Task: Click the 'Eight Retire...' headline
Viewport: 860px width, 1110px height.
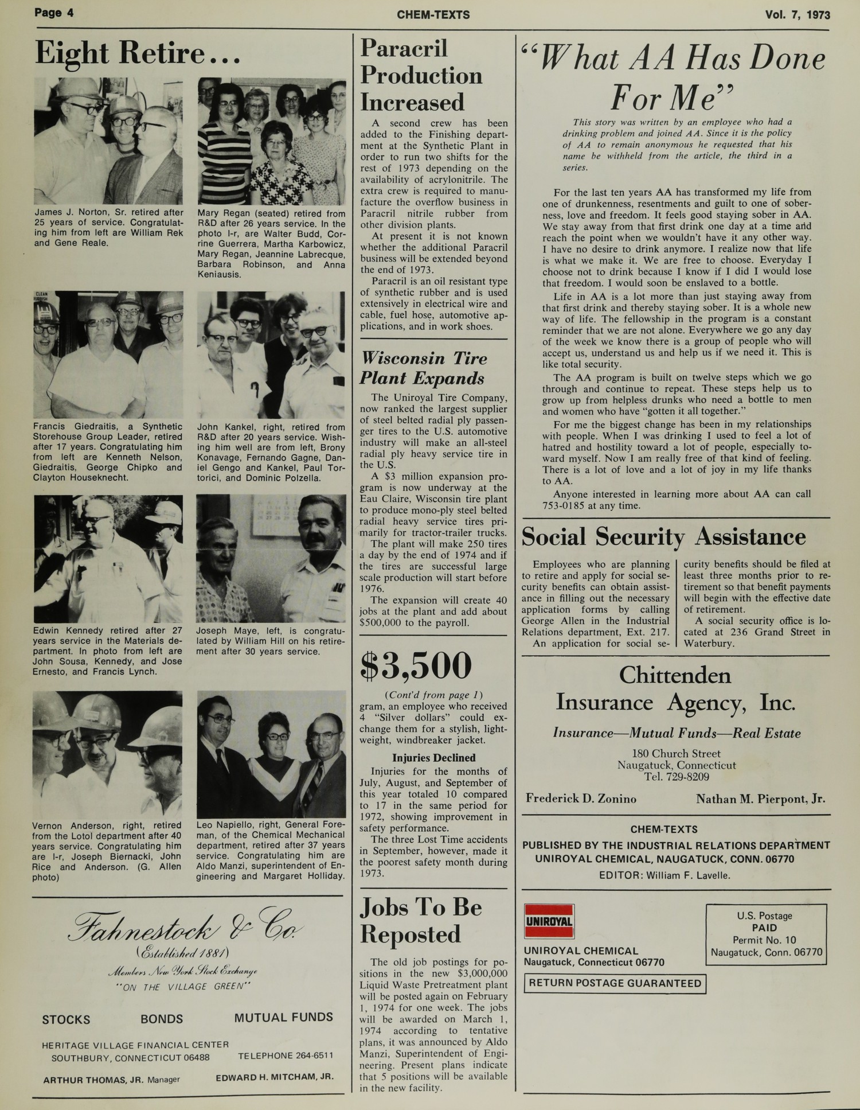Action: tap(137, 53)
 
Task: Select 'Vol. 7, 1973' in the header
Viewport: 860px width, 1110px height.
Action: tap(797, 14)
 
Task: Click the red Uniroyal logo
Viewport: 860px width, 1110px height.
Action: tap(549, 921)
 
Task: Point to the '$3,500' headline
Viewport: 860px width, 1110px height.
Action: tap(416, 665)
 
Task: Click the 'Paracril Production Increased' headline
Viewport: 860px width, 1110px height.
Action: tap(421, 76)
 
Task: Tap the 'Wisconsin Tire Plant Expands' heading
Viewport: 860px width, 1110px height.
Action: tap(423, 368)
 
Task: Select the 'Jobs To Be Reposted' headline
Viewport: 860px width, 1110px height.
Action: tap(421, 920)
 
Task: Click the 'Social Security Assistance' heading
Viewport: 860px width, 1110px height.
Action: tap(663, 537)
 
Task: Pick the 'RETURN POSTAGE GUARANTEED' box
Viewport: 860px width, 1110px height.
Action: tap(615, 983)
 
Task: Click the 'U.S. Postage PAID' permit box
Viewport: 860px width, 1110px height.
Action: tap(766, 933)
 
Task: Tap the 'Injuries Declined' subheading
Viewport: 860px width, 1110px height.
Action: tap(433, 758)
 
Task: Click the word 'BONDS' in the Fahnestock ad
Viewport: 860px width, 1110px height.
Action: tap(162, 1019)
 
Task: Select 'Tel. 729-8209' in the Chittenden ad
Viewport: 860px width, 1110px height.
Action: tap(676, 777)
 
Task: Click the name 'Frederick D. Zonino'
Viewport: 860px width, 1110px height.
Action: tap(581, 799)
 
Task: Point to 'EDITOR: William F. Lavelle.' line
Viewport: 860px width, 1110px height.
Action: tap(664, 875)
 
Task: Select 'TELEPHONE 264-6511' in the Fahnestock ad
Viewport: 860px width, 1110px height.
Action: tap(285, 1056)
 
